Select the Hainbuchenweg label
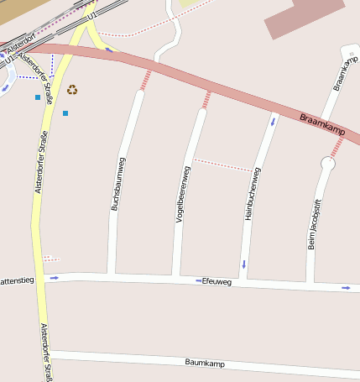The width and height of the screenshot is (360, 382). [251, 194]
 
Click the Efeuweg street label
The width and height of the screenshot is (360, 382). [217, 282]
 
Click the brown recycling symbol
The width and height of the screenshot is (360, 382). [72, 90]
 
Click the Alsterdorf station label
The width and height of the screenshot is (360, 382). [20, 40]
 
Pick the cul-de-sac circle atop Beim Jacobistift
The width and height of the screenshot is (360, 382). [327, 165]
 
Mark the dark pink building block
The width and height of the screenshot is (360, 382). [304, 16]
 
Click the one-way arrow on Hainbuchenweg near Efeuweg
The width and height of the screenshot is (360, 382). [244, 264]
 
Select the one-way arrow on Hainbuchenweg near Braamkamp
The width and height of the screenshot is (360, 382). [272, 121]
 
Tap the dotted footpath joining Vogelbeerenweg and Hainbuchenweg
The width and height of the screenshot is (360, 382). [222, 165]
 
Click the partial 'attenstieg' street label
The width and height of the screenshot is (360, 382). [17, 280]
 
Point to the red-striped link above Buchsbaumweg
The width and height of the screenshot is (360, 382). [146, 80]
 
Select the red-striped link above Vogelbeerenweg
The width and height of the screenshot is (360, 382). [206, 99]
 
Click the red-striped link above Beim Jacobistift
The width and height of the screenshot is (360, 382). [337, 148]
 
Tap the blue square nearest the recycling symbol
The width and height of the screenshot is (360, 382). [65, 113]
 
